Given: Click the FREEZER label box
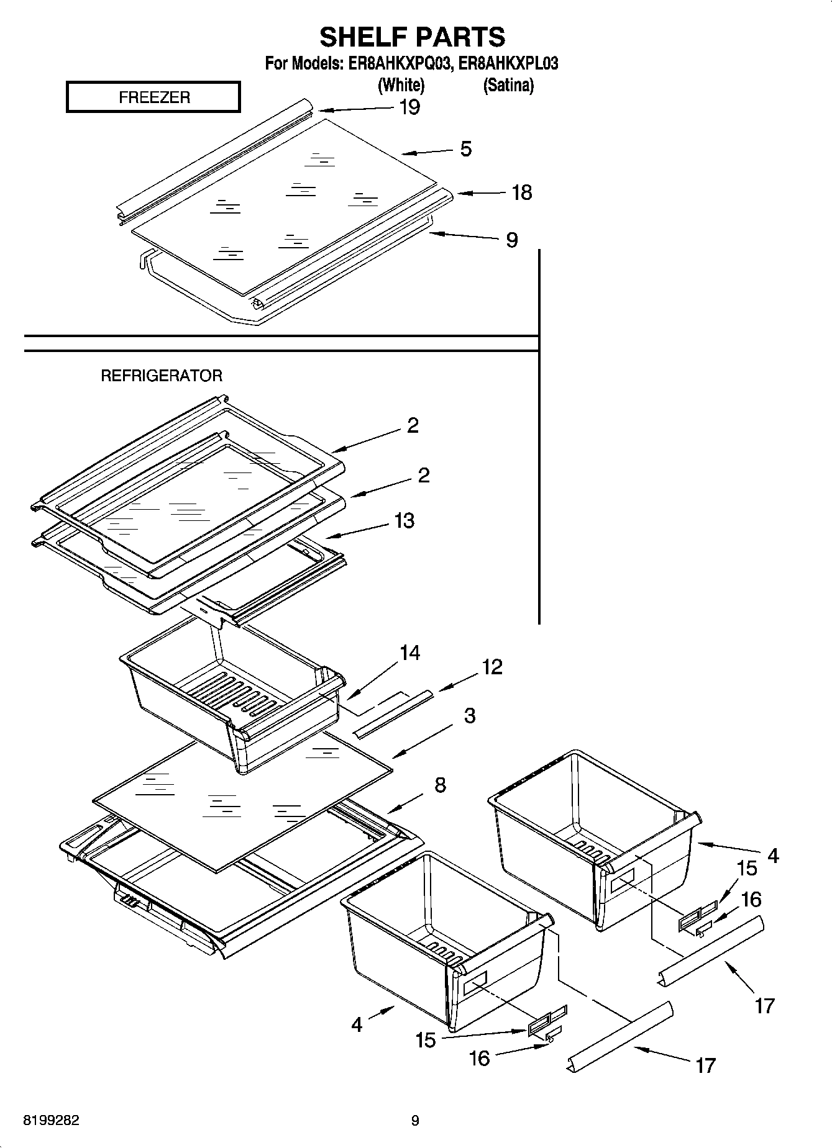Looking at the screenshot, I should point(153,97).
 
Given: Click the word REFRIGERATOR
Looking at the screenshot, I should point(162,376).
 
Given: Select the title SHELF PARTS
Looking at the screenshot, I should point(412,37).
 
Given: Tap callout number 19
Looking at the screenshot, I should point(409,107).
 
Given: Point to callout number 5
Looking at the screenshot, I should point(465,149).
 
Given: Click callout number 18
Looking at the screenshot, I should point(521,192).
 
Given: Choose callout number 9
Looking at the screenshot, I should point(511,240).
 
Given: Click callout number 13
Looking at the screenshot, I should point(404,520).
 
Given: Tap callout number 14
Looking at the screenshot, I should point(409,653).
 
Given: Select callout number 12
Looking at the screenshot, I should point(491,667).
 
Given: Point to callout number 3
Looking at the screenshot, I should point(470,715).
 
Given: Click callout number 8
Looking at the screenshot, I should point(440,785).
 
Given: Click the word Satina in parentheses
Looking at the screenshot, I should point(508,85).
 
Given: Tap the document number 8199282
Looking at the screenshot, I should point(51,1121).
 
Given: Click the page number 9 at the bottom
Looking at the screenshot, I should point(415,1121).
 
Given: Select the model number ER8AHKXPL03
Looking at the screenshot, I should point(508,63).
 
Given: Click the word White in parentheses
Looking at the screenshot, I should point(401,85).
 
